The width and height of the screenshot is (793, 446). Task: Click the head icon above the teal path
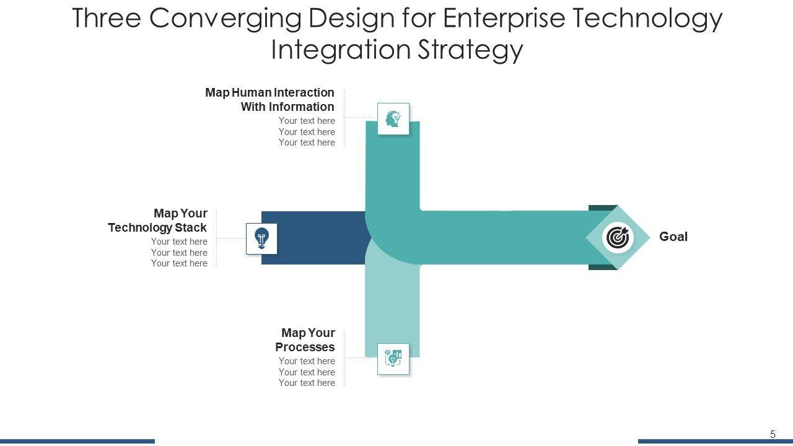pos(393,118)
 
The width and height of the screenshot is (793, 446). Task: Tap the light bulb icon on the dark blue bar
pos(261,238)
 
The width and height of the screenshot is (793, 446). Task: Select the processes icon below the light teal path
pos(393,359)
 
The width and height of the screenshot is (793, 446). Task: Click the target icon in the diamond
pos(618,238)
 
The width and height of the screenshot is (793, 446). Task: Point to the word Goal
pos(673,237)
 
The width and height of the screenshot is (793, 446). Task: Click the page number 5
pos(773,434)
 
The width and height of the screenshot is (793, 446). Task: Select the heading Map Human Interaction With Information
pos(270,100)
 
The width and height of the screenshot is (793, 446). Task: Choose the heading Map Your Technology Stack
pos(158,221)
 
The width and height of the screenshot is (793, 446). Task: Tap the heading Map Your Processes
pos(305,340)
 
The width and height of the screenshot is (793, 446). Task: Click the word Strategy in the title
pos(470,50)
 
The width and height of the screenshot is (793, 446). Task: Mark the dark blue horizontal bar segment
pos(313,238)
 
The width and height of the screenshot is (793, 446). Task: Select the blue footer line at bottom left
pos(77,441)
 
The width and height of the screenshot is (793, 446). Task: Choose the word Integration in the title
pos(340,50)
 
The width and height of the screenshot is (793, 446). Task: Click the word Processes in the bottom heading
pos(305,347)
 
